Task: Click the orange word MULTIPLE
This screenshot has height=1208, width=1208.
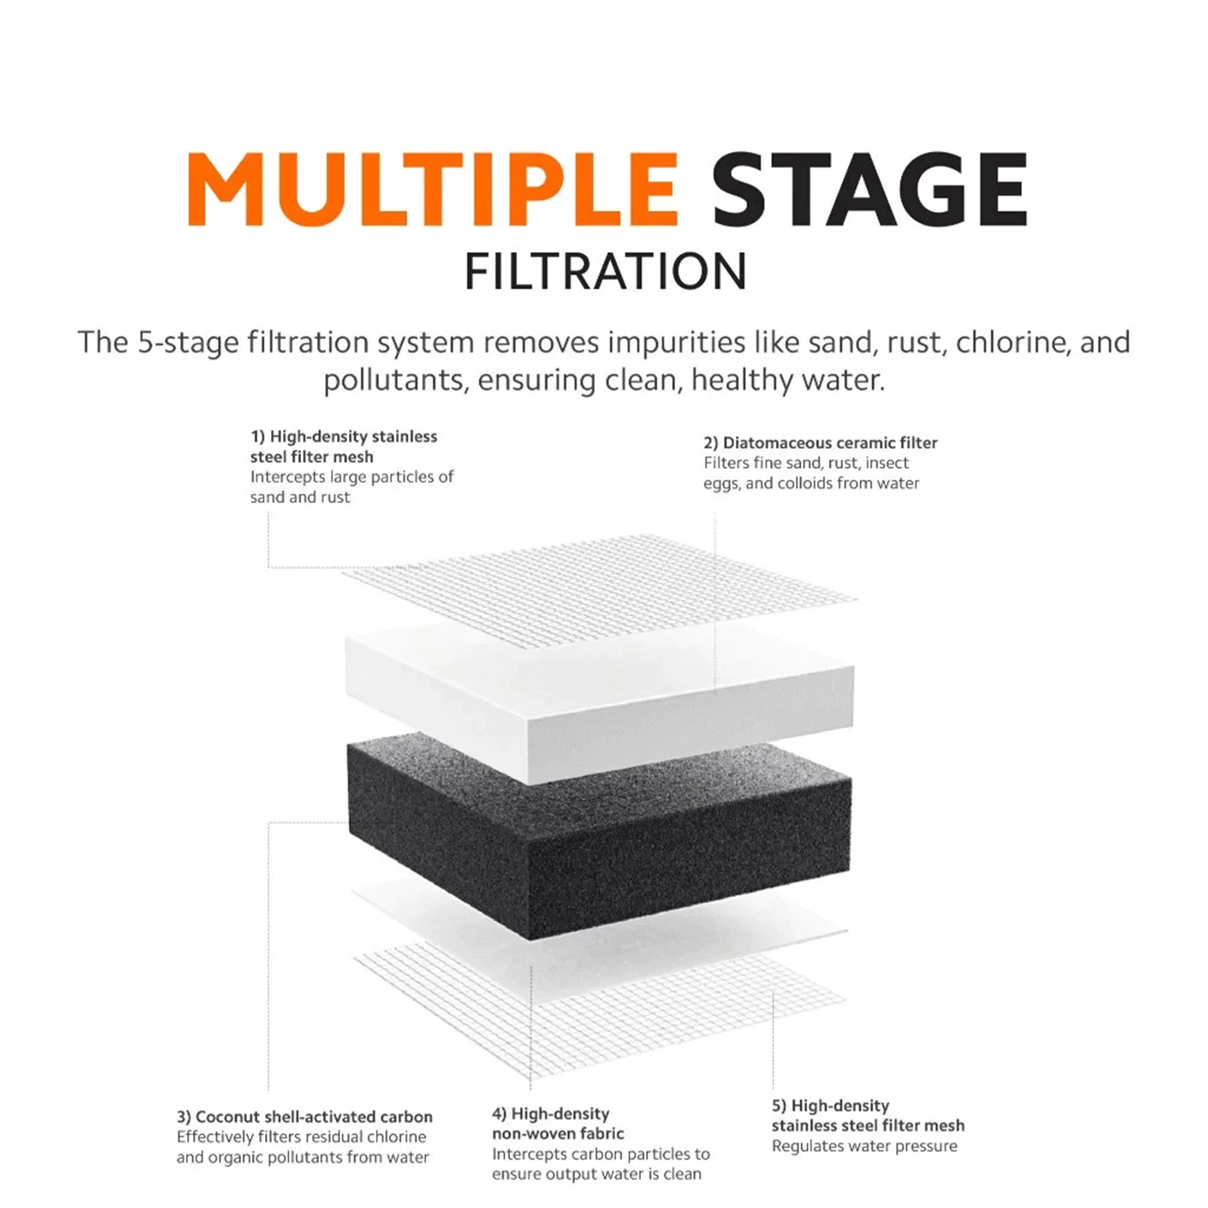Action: coord(433,189)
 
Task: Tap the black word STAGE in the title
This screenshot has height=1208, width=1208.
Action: coord(869,189)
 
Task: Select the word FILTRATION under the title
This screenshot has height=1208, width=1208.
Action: coord(606,272)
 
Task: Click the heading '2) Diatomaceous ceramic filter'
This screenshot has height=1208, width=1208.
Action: coord(820,443)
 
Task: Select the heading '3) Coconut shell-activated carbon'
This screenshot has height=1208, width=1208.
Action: coord(305,1117)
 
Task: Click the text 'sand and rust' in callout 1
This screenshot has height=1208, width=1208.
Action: coord(299,497)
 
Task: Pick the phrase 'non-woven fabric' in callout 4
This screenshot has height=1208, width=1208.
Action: coord(558,1133)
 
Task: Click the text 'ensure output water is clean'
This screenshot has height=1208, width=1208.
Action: coord(596,1174)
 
